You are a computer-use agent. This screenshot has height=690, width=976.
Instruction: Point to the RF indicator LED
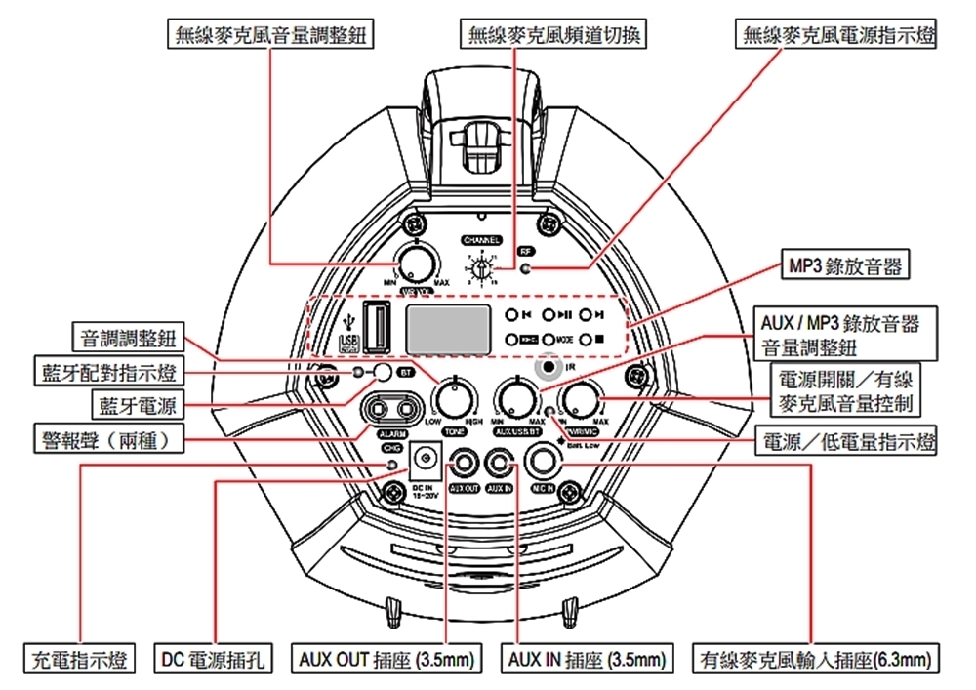pyautogui.click(x=527, y=268)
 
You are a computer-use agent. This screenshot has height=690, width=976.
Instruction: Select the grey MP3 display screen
pyautogui.click(x=447, y=329)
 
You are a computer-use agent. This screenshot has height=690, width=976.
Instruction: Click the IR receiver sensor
pyautogui.click(x=551, y=368)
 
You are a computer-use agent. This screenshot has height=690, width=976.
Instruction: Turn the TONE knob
pyautogui.click(x=454, y=399)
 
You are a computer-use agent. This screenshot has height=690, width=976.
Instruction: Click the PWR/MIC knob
pyautogui.click(x=583, y=399)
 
